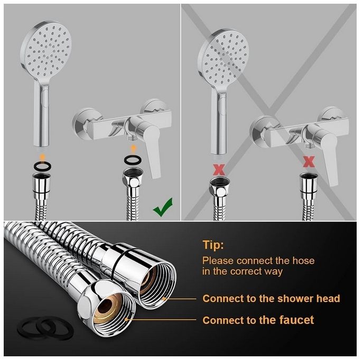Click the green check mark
[x=163, y=207]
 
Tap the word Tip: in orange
[x=213, y=245]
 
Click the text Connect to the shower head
[x=271, y=298]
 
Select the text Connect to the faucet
[x=258, y=320]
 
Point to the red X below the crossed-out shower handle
[x=219, y=169]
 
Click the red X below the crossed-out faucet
[x=309, y=161]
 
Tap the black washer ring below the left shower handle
[x=42, y=166]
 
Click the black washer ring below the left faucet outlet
[x=133, y=160]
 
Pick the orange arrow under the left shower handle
[x=42, y=156]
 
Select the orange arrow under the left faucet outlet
[x=133, y=149]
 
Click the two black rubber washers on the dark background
[x=45, y=328]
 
